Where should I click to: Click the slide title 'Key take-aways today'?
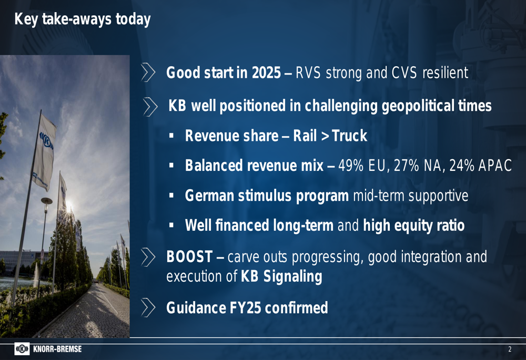point(83,19)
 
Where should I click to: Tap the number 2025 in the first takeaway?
point(266,73)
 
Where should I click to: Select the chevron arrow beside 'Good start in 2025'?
point(148,73)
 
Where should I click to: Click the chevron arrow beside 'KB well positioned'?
point(150,107)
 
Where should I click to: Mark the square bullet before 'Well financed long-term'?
point(171,225)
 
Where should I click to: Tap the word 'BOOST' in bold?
point(189,257)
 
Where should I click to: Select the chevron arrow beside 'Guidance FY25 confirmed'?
point(148,308)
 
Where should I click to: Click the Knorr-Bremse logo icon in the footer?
point(22,349)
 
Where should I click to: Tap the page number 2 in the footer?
point(510,349)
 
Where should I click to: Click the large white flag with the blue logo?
point(45,152)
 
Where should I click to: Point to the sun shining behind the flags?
point(69,204)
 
